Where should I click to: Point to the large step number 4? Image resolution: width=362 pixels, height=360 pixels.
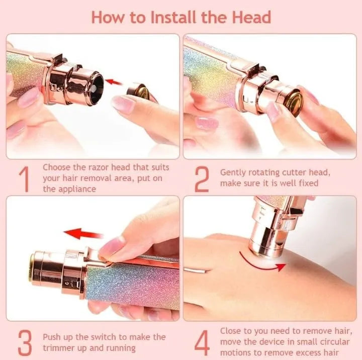click(x=202, y=342)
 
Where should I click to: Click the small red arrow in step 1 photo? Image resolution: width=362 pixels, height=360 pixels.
click(x=115, y=81)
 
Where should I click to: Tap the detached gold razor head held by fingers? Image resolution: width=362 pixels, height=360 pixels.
click(x=139, y=92)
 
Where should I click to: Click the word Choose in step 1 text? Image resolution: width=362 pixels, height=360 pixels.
click(x=57, y=167)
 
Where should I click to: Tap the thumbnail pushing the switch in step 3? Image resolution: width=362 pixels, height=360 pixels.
click(x=112, y=247)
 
